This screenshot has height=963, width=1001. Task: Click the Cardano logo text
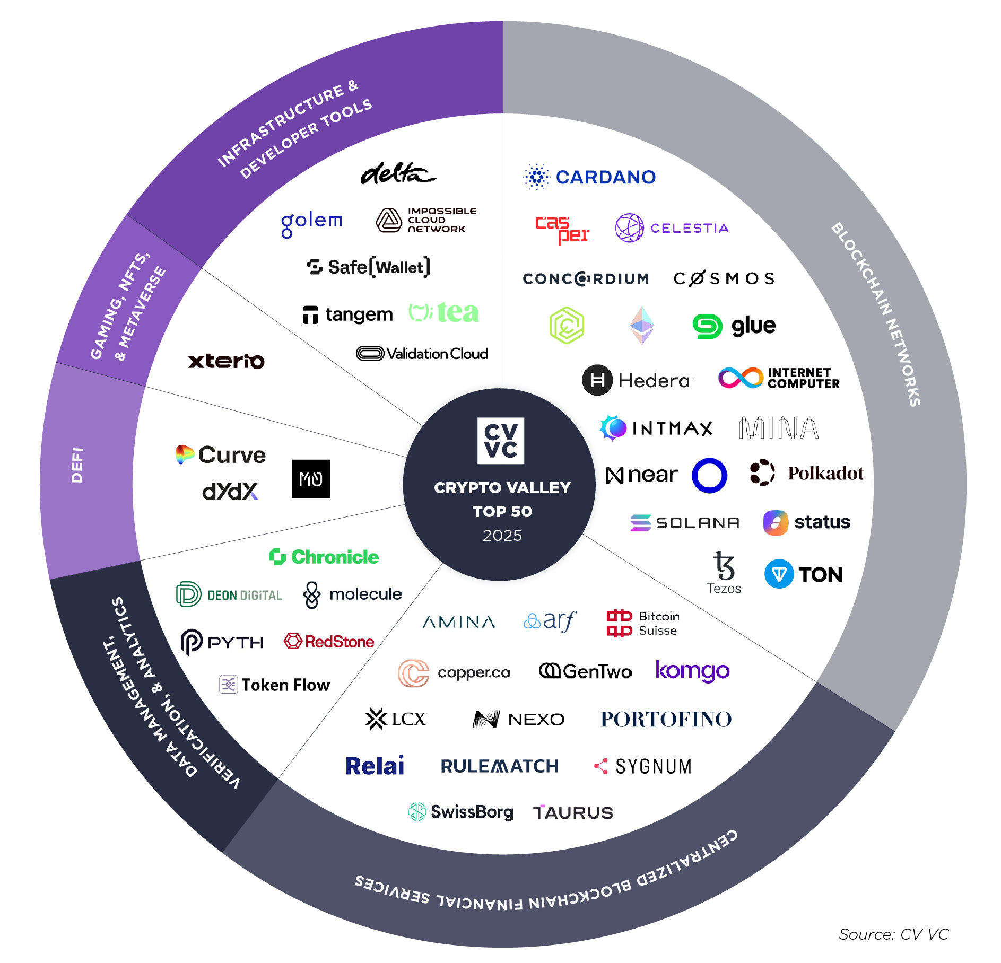tap(605, 177)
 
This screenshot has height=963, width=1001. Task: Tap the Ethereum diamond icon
tap(641, 325)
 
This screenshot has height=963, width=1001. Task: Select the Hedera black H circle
tap(597, 380)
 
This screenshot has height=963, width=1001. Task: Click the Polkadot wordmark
tap(825, 473)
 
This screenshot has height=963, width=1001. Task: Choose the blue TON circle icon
tap(779, 574)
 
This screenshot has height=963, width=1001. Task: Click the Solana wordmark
tap(697, 523)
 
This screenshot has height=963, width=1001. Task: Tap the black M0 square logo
tap(311, 479)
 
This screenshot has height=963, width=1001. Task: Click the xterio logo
tap(226, 361)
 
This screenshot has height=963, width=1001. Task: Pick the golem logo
tap(311, 223)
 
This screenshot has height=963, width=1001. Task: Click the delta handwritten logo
tap(398, 173)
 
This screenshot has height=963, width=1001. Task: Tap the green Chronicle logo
tap(324, 557)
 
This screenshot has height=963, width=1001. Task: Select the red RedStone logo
tap(329, 642)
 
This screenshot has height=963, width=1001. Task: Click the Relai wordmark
tap(375, 766)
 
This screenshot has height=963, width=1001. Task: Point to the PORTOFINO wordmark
tap(666, 719)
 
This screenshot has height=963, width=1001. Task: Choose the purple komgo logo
tap(692, 671)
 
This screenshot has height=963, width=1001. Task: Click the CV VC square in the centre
tap(501, 441)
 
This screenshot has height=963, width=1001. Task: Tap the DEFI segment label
tap(77, 465)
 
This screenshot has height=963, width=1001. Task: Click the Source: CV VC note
tap(893, 934)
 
